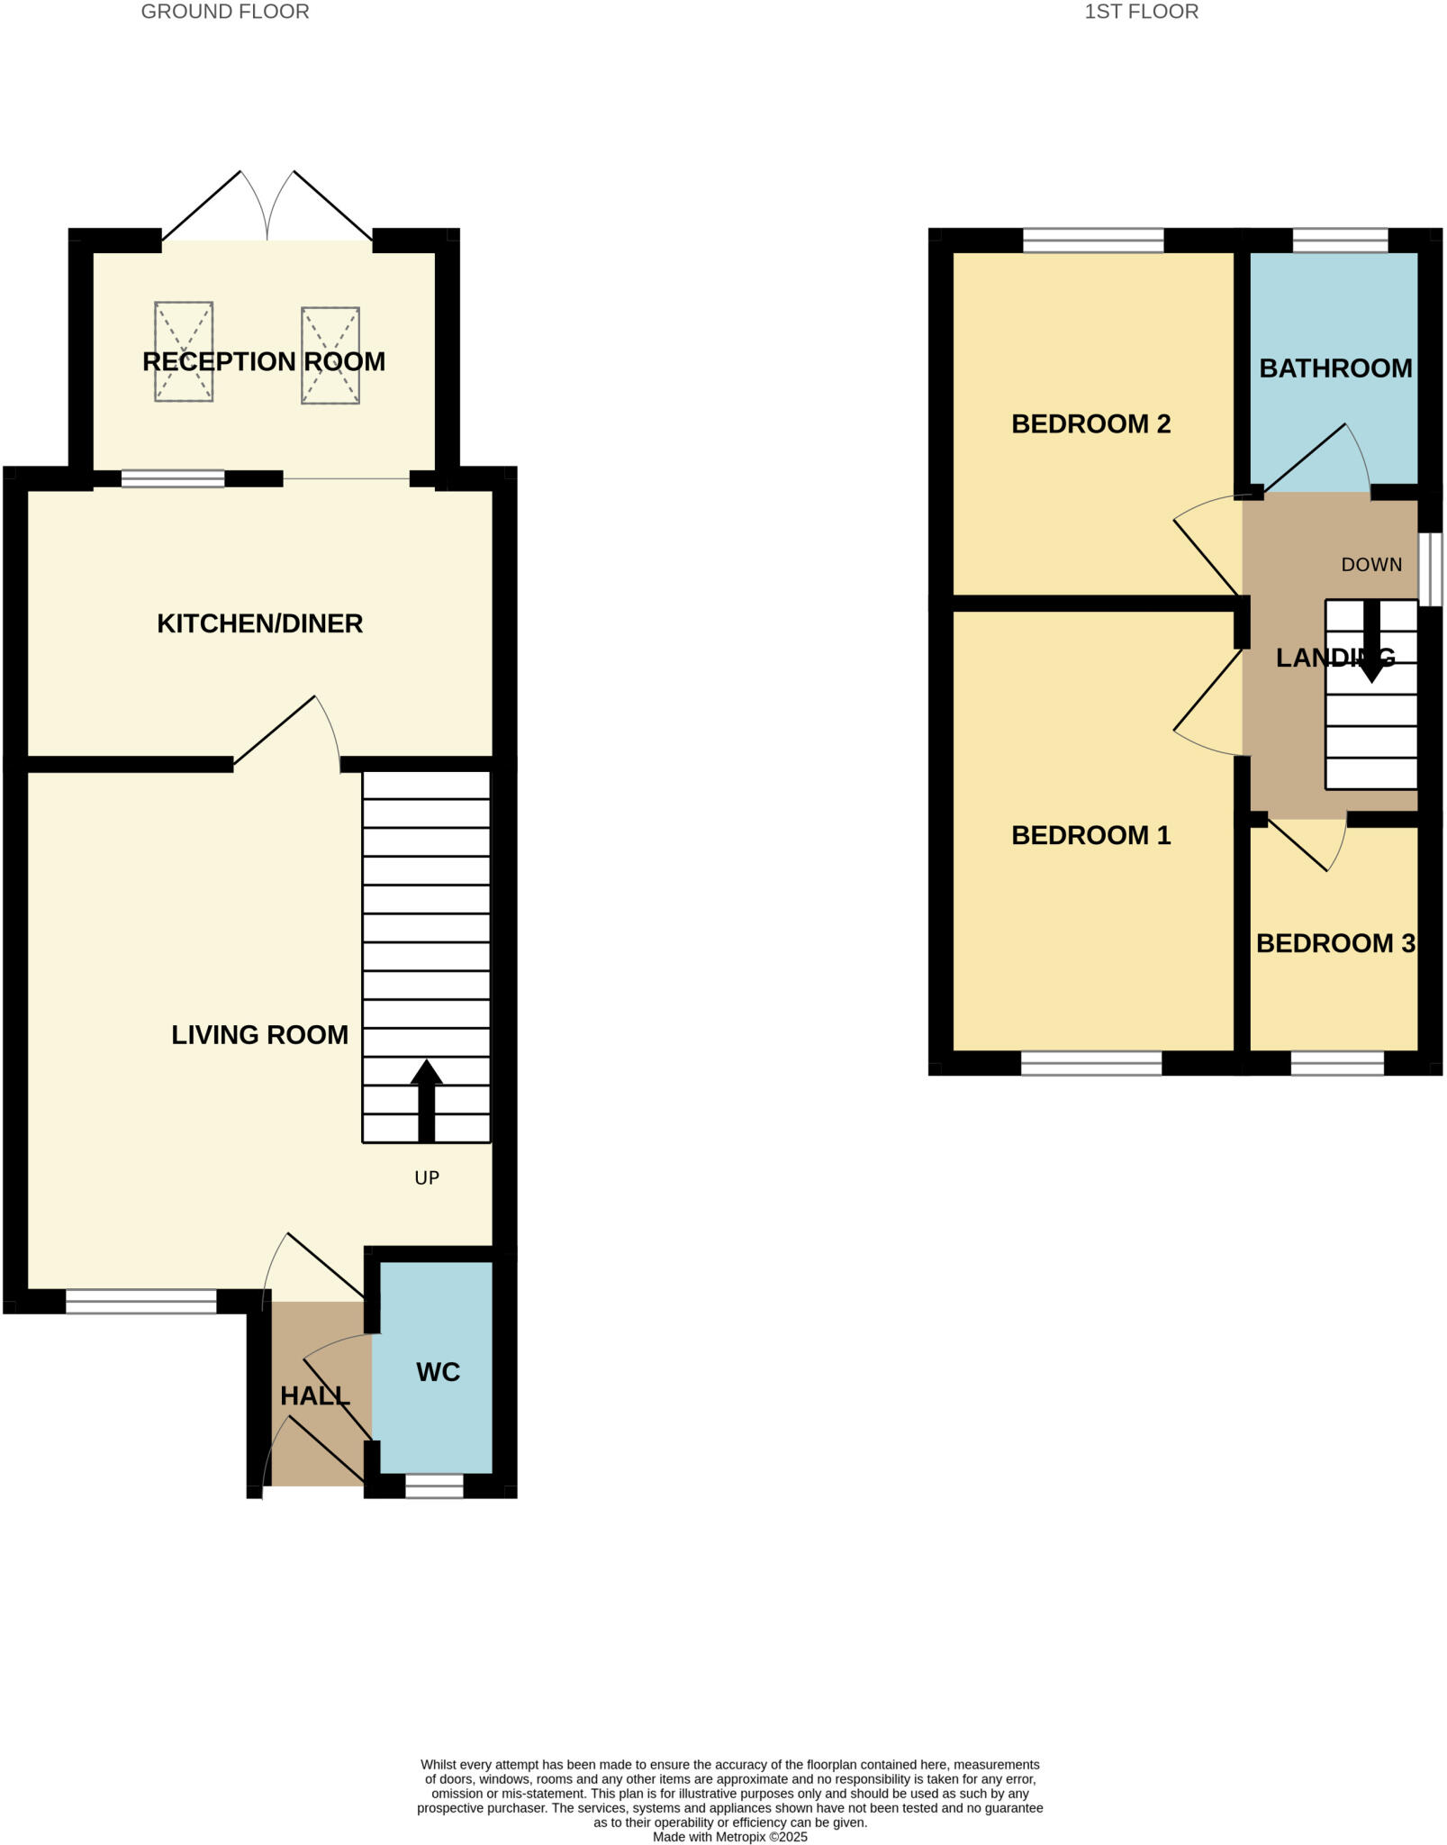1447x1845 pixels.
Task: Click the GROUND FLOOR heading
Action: [225, 12]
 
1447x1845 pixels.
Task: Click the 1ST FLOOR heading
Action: [1141, 12]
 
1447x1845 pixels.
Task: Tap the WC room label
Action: [438, 1372]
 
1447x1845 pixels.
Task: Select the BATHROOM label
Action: [1335, 368]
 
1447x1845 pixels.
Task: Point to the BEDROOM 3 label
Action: [1335, 943]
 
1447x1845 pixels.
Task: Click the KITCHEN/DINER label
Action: [259, 623]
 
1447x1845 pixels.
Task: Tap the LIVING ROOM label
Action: [259, 1035]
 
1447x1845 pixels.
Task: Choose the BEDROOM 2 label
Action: [1090, 424]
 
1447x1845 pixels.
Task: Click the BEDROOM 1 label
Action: [1090, 836]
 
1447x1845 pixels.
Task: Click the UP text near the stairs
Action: [427, 1177]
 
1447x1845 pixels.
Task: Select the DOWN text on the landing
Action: [1371, 565]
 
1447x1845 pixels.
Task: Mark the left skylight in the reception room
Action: [184, 351]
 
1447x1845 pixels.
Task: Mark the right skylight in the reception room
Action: [330, 355]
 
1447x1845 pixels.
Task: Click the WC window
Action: [434, 1486]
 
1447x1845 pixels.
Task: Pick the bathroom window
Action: [1340, 241]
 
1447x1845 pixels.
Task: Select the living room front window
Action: [141, 1302]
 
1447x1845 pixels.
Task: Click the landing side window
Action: [1431, 569]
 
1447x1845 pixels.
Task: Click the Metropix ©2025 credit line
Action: [729, 1837]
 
